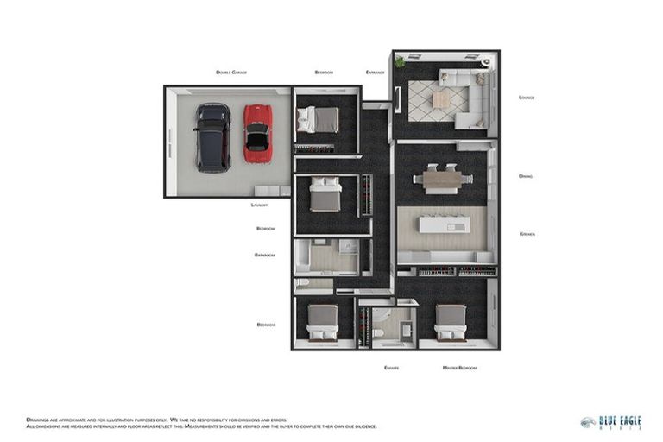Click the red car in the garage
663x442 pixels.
256,133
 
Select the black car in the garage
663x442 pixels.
212,137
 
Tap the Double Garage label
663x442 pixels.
231,73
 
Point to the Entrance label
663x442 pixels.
375,73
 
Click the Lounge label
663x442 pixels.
526,98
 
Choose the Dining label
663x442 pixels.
525,176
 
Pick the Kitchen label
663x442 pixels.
527,234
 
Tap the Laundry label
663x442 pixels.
259,205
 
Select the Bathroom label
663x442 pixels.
264,255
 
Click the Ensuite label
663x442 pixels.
391,368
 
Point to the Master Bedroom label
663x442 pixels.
459,368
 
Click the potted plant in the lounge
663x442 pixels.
400,62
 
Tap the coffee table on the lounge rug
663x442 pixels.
441,99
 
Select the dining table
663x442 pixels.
443,179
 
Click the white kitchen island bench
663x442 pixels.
443,224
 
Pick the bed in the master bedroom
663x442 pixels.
450,323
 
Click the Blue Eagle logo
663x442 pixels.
611,422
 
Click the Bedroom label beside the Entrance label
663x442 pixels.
324,73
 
